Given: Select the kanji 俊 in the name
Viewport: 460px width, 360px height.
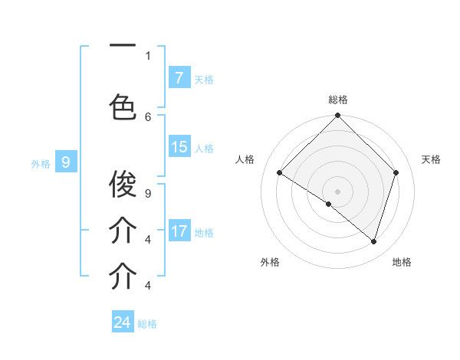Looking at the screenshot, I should pos(123,184).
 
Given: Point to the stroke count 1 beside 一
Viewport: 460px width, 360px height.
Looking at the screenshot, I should pos(148,55).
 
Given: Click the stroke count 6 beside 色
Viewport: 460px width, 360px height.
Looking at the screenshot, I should pos(148,116).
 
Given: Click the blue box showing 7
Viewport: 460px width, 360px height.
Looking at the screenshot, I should pos(179,77).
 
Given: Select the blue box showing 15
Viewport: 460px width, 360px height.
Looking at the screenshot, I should pos(179,147).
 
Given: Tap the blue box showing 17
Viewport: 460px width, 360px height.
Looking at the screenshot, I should pos(179,231).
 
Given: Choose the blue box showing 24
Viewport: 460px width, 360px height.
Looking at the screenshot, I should pos(123,322).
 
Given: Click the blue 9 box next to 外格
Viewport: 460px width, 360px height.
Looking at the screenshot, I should pos(66,162).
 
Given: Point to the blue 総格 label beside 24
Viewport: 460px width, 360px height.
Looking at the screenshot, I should pos(148,324).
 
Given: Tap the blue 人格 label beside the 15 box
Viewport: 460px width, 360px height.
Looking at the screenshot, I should pos(204,148).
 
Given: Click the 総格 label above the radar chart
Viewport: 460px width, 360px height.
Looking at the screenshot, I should pos(338,100).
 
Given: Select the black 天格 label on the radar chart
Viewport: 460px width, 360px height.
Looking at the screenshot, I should pos(432,159).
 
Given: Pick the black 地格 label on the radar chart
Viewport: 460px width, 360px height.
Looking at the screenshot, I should pos(402,262).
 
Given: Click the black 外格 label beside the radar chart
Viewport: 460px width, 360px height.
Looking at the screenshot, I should pos(270,262).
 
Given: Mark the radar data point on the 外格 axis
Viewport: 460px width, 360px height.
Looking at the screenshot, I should pos(329,205).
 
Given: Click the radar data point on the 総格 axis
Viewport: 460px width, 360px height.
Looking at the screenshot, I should pos(338,116).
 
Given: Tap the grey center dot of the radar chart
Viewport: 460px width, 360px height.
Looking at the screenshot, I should pos(338,191).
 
